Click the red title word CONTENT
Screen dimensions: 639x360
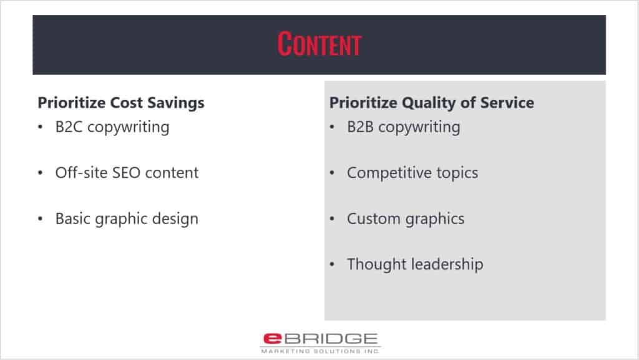coord(319,44)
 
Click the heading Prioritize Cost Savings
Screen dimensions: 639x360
coord(121,102)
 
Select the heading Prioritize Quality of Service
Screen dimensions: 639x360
coord(432,102)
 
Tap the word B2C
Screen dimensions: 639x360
coord(69,127)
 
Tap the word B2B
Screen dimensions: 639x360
coord(360,127)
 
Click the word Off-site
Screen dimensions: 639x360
coord(82,172)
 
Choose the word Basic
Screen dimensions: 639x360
coord(73,219)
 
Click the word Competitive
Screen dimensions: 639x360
coord(389,173)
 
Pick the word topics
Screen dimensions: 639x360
coord(457,173)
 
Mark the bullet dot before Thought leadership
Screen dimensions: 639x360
coord(332,265)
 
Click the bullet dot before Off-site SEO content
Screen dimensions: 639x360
coord(41,173)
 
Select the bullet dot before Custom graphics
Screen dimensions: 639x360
coord(332,219)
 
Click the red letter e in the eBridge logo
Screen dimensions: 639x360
coord(273,338)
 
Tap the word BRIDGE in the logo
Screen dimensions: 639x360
coord(331,338)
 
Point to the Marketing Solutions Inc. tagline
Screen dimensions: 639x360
coord(320,351)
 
